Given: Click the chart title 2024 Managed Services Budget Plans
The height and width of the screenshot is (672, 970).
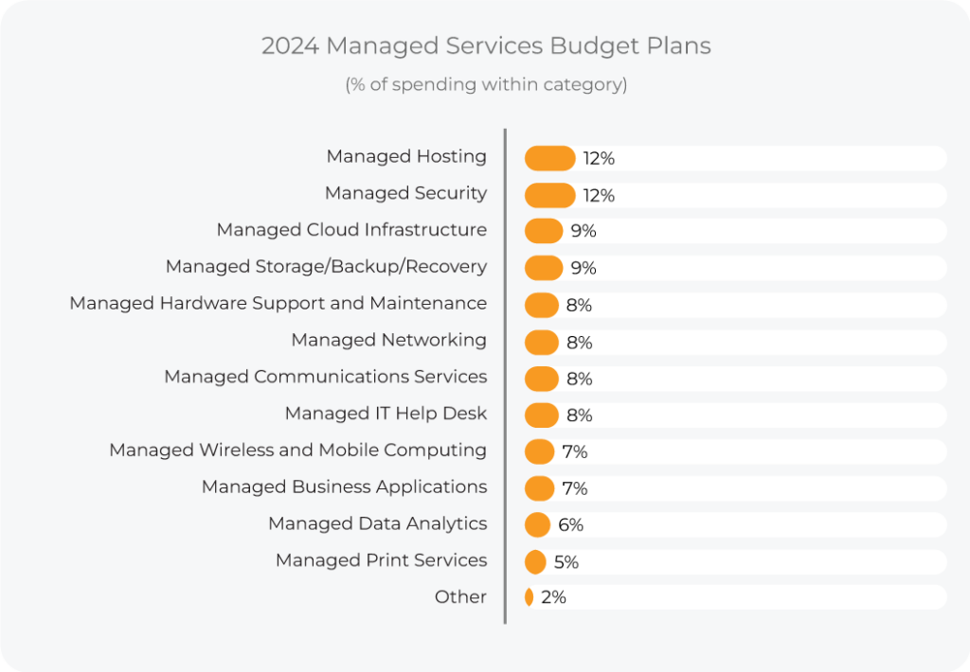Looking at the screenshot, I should [485, 45].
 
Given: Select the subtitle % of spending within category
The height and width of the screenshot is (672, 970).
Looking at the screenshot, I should [485, 84].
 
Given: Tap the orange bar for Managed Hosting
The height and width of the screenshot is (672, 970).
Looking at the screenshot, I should [549, 158].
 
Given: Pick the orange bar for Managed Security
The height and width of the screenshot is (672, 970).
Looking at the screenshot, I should [549, 195].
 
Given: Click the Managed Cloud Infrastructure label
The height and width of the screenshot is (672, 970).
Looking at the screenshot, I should [351, 230].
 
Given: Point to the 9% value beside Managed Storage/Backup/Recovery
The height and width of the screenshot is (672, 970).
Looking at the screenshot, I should [584, 268].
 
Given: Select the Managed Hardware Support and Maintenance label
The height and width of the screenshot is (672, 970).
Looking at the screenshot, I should [278, 303].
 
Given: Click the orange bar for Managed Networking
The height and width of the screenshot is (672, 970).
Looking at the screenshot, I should [542, 342].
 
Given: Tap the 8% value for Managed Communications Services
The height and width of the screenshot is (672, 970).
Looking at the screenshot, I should [579, 379].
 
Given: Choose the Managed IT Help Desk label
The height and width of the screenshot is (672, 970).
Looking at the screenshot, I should [386, 414].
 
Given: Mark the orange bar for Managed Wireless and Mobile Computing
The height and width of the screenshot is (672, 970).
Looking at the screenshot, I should [539, 451].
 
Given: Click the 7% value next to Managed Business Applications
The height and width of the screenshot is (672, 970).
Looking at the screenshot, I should [575, 488].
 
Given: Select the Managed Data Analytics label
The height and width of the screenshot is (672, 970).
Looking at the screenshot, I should [377, 523].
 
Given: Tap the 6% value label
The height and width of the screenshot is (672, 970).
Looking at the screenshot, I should [570, 525].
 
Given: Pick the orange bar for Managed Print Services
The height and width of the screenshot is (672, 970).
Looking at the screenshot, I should [535, 561].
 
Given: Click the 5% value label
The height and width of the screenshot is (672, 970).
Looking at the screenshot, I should [566, 562].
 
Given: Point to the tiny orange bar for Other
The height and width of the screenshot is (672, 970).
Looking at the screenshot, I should [529, 597].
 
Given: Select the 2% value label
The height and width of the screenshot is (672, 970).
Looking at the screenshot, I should [553, 597].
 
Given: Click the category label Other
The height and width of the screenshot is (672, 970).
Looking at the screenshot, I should [460, 597].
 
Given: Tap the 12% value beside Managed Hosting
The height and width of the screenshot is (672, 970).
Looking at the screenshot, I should [599, 158].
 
